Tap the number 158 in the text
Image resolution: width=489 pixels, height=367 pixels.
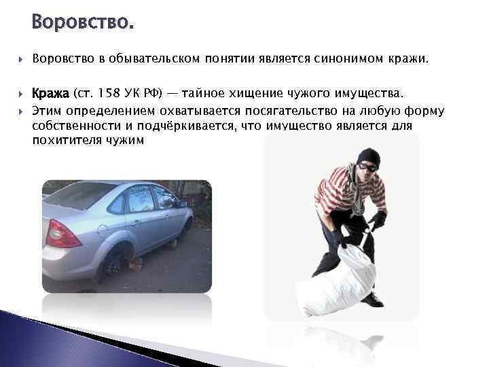click(x=109, y=92)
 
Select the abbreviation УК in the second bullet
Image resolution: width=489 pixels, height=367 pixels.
click(x=137, y=92)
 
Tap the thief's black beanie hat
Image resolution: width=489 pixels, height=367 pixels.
click(x=369, y=156)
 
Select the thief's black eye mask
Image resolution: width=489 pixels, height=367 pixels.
click(x=368, y=165)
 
